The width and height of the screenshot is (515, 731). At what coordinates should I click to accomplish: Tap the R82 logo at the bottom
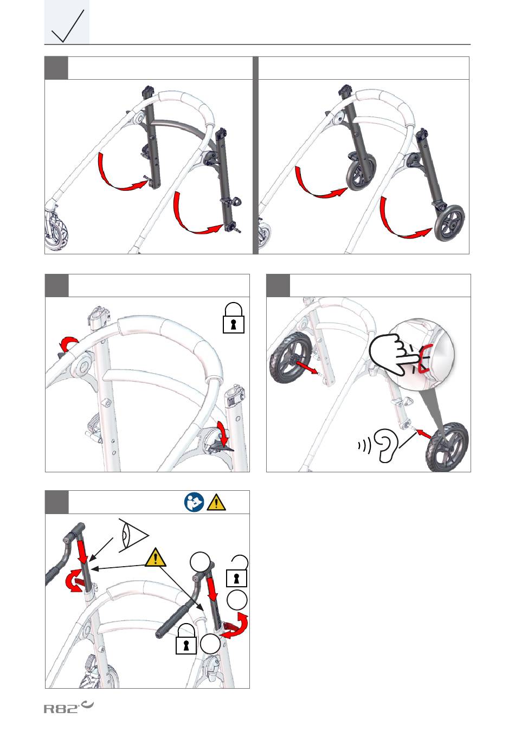click(68, 706)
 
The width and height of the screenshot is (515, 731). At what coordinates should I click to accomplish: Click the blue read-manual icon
click(194, 502)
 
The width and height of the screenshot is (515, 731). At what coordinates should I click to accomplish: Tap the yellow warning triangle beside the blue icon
click(216, 503)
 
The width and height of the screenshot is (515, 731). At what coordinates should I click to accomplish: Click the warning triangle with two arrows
click(156, 557)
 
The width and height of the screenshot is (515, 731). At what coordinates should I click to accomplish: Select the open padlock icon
click(237, 571)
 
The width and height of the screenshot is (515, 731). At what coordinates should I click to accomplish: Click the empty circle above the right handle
click(199, 562)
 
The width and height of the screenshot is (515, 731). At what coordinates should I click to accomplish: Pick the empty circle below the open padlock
click(237, 600)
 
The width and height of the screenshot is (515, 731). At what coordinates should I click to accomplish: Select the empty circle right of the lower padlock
click(210, 644)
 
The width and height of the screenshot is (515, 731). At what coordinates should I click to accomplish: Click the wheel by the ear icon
click(447, 446)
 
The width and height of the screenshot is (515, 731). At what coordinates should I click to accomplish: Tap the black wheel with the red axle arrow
click(290, 358)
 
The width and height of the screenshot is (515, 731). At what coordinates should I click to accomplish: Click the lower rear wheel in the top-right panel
click(448, 223)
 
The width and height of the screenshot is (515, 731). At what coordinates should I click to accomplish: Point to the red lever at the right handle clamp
click(230, 626)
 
